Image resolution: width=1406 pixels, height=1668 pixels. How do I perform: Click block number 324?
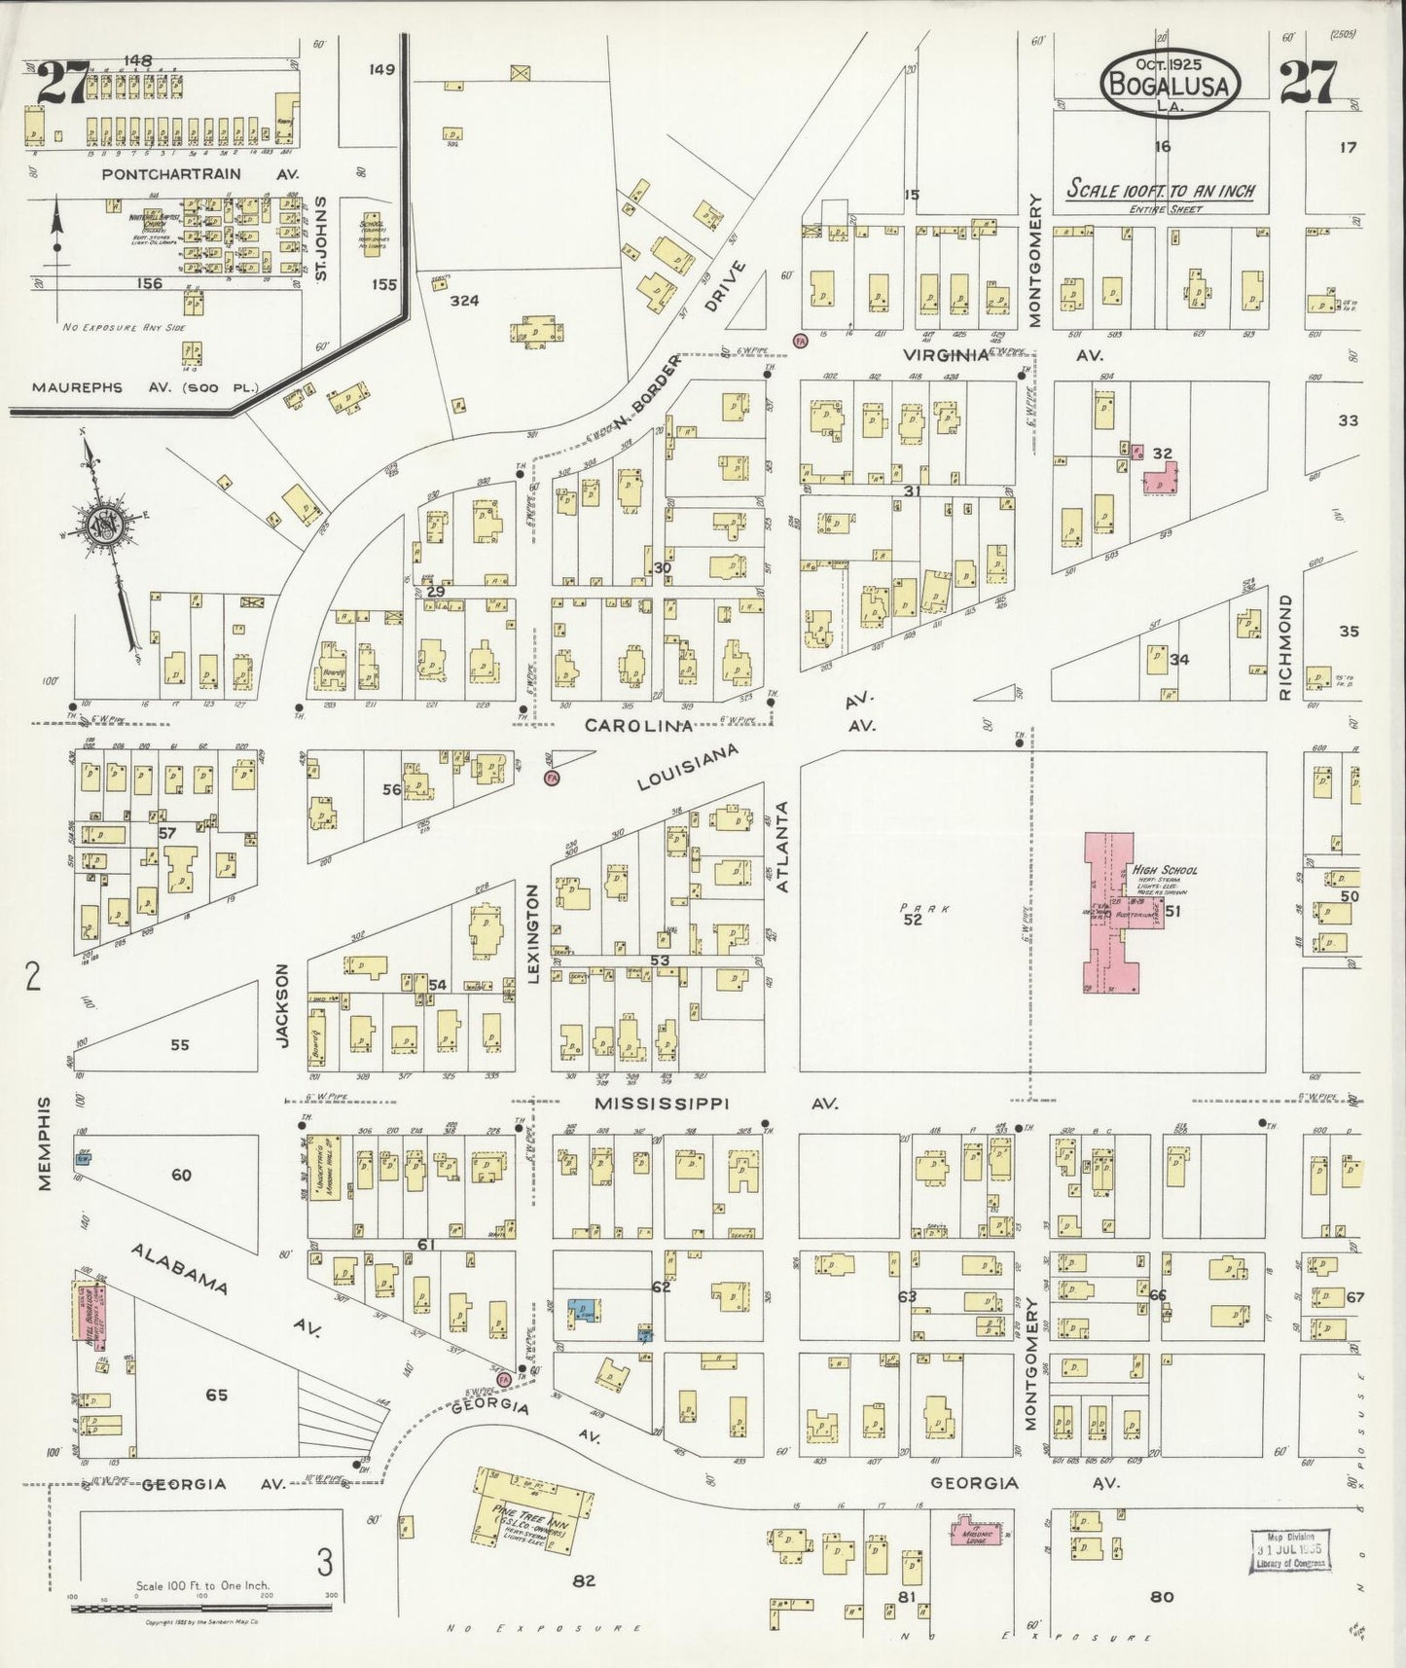[x=464, y=301]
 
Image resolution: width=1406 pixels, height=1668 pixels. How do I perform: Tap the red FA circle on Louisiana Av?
[x=553, y=779]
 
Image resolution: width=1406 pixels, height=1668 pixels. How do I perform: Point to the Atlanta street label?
[x=780, y=847]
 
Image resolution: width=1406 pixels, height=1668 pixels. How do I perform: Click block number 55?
[x=180, y=1045]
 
